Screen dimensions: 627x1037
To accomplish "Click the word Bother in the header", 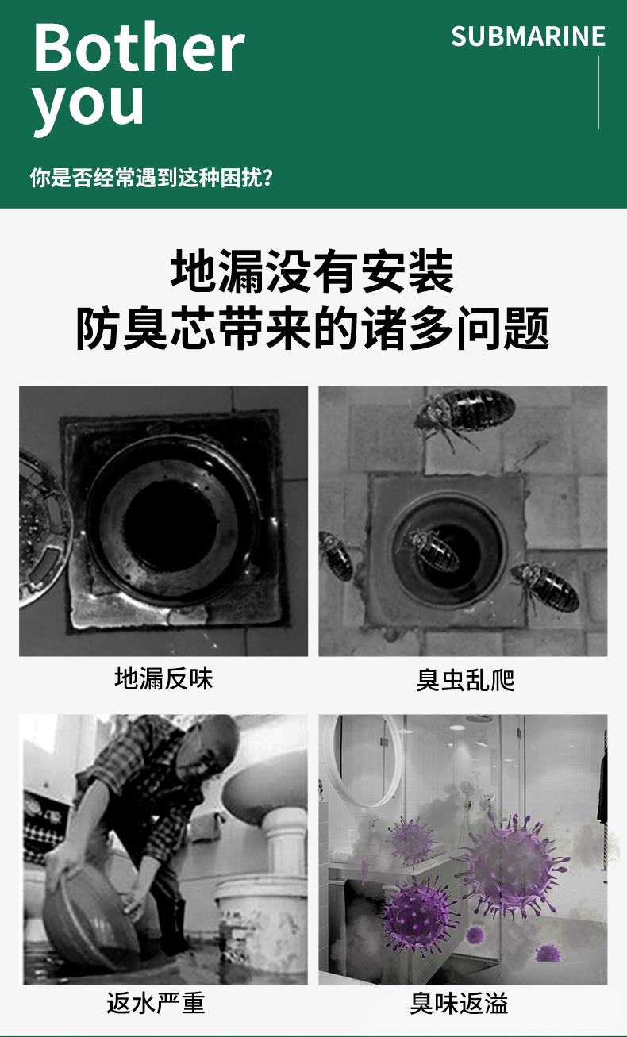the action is tap(138, 48).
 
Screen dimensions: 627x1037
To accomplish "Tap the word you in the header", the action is tap(88, 106).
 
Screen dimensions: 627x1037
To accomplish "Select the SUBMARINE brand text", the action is tap(528, 36).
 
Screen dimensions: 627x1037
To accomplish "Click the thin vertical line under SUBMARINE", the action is tap(598, 92).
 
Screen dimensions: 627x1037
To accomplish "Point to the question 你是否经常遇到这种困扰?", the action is tap(152, 178).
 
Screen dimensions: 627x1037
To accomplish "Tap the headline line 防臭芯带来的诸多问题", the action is tap(312, 328).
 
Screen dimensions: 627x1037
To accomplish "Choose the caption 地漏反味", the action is tap(163, 679).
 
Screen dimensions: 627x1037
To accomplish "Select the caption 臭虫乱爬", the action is tap(465, 680).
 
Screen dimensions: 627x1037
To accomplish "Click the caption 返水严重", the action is tap(156, 1004).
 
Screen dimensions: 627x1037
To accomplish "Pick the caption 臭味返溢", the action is tap(459, 1004).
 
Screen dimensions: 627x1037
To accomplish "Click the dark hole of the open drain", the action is tap(170, 524).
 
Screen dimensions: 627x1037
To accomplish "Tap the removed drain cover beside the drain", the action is tap(43, 528).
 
